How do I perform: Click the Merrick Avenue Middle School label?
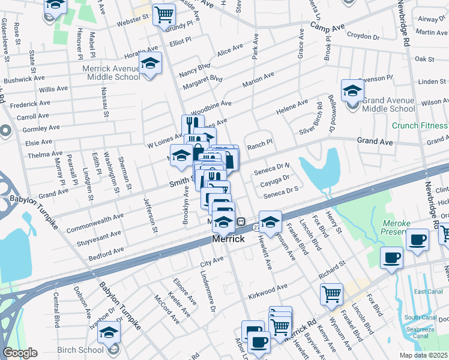[x=111, y=73]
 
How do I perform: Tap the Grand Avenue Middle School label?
[x=388, y=104]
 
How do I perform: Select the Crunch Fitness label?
[x=420, y=125]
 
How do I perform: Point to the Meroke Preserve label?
[x=396, y=228]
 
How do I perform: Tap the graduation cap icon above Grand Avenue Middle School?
[x=352, y=91]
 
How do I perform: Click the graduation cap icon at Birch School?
[x=109, y=332]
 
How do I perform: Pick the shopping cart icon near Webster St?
[x=164, y=14]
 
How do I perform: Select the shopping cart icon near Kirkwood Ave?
[x=331, y=294]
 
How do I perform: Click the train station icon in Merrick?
[x=240, y=221]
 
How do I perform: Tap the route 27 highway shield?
[x=256, y=228]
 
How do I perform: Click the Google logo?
[x=20, y=353]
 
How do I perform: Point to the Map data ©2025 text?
[x=424, y=355]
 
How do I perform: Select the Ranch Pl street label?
[x=261, y=145]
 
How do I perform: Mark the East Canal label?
[x=427, y=292]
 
